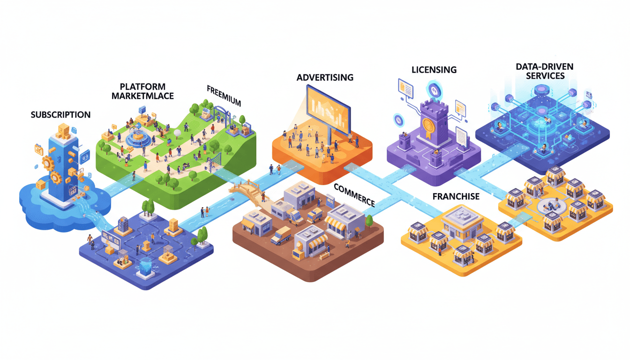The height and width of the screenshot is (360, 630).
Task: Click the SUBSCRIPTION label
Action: point(61,114)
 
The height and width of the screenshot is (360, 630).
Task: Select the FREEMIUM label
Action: point(224,95)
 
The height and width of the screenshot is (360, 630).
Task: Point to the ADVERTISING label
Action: point(325,77)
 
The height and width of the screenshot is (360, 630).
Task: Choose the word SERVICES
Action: point(546,75)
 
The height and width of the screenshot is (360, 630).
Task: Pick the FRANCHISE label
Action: point(456,196)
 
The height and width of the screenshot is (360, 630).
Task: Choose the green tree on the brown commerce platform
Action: point(369,220)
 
